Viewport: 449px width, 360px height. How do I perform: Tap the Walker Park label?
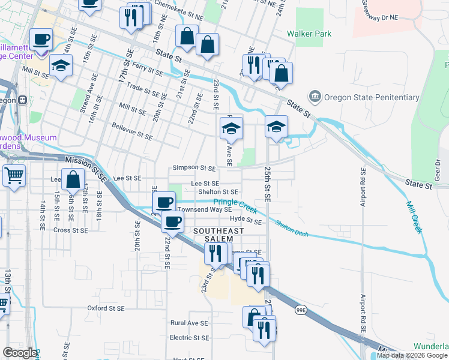(309, 34)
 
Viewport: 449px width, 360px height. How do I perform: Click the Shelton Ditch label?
(292, 229)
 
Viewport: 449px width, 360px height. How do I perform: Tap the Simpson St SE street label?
(194, 168)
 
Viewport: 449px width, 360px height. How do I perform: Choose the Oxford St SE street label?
(105, 308)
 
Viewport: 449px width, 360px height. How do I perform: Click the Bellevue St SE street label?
(132, 132)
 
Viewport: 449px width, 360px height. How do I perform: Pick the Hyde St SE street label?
(246, 221)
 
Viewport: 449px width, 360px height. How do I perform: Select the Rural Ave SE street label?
(188, 323)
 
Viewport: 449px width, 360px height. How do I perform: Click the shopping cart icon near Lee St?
(14, 176)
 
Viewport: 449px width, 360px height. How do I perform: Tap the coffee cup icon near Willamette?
(41, 40)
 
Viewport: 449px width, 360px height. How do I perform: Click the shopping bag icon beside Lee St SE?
(73, 179)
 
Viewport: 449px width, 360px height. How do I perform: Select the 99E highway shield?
(301, 310)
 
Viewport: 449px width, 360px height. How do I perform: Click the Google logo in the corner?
(19, 353)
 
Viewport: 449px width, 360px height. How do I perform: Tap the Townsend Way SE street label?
(203, 210)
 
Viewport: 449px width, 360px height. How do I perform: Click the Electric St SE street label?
(189, 338)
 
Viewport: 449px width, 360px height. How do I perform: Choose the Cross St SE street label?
(70, 230)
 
